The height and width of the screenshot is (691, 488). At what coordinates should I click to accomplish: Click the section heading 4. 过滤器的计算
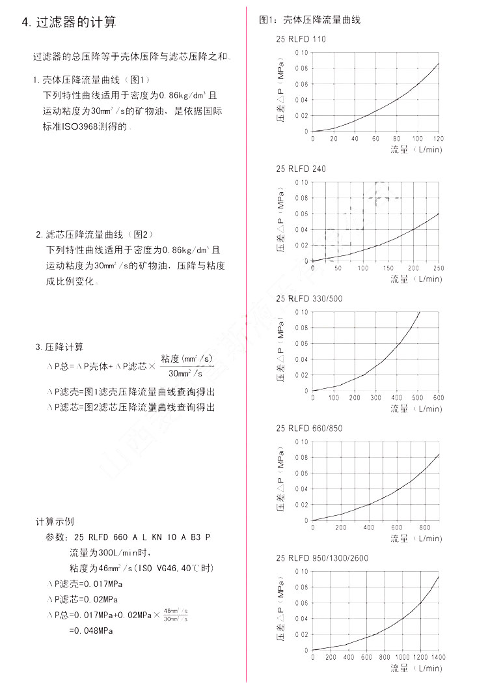click(70, 23)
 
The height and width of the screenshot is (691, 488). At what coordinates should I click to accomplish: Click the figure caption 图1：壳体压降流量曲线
click(310, 20)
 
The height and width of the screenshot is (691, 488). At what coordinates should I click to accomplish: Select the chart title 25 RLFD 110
click(301, 39)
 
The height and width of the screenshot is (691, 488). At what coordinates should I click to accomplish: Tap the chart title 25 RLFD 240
click(301, 169)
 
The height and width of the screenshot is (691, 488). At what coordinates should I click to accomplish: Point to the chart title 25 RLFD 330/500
click(309, 298)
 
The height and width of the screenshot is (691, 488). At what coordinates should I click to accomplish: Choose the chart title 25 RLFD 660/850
click(309, 428)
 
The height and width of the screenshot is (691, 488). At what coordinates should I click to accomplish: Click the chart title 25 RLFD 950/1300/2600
click(322, 557)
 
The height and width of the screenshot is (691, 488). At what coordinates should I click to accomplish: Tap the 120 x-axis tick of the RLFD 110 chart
click(438, 139)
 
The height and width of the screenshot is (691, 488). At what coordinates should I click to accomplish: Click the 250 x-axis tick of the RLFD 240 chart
click(438, 268)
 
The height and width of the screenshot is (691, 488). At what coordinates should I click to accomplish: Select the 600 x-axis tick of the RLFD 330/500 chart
click(438, 398)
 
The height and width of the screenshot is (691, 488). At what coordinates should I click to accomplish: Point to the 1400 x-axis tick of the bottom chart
click(438, 657)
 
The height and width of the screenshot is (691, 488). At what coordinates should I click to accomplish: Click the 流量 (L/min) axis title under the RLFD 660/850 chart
click(416, 539)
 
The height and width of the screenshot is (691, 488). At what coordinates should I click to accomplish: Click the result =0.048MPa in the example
click(91, 630)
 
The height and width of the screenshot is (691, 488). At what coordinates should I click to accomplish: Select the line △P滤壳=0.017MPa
click(86, 583)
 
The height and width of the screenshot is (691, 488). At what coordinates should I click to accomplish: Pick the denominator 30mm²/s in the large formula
click(186, 374)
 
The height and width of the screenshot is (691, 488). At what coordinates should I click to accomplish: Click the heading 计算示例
click(55, 522)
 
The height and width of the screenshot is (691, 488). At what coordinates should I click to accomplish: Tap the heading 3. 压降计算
click(59, 346)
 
